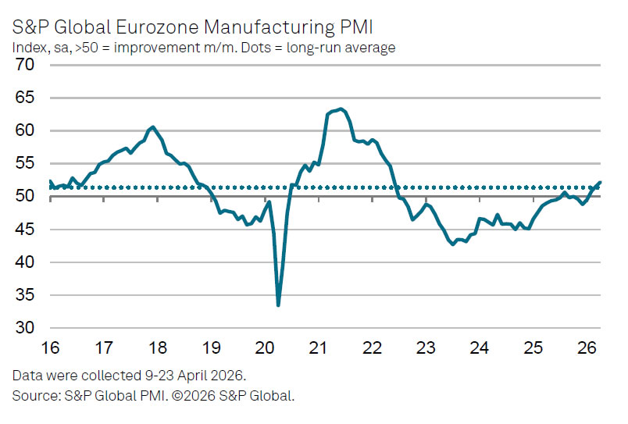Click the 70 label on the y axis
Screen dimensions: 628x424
[x=25, y=65]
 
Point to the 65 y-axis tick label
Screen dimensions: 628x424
[x=25, y=98]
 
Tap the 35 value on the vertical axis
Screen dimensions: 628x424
[x=25, y=295]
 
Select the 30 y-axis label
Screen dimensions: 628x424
[x=25, y=328]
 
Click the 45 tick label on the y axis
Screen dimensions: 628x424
[x=25, y=230]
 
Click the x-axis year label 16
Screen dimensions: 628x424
[x=51, y=347]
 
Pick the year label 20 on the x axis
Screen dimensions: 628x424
[x=265, y=347]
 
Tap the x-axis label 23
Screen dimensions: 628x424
[x=426, y=347]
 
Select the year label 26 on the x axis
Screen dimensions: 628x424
[x=587, y=347]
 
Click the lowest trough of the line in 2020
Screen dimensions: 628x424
[x=278, y=305]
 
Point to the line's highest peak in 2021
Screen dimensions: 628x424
[x=341, y=109]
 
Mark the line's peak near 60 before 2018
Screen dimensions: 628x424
[x=152, y=127]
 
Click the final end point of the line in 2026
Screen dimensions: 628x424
[x=600, y=182]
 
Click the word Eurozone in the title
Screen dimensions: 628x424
[x=158, y=27]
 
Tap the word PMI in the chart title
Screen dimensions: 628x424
[x=356, y=27]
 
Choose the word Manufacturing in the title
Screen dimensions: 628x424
[x=269, y=27]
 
